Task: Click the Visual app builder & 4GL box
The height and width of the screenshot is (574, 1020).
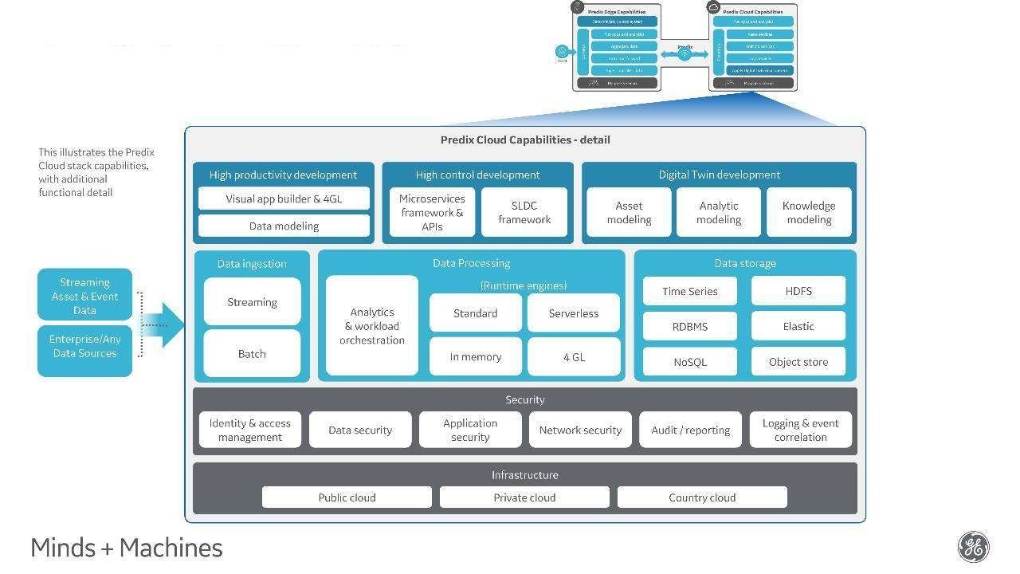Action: click(284, 199)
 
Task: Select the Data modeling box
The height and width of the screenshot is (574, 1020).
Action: click(284, 226)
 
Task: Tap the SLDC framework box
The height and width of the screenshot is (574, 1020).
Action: click(524, 212)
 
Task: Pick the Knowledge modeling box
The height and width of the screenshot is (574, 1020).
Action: click(809, 212)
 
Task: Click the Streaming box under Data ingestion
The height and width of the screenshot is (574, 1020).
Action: click(252, 302)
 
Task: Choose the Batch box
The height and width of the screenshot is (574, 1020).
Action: click(252, 353)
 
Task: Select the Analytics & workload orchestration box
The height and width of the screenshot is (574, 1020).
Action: click(372, 326)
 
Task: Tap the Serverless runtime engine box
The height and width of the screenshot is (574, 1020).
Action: click(574, 313)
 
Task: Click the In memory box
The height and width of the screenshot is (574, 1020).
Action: click(476, 356)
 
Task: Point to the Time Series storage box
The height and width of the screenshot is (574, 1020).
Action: click(690, 291)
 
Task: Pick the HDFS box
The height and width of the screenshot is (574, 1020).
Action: click(798, 291)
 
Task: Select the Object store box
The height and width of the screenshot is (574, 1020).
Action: click(798, 361)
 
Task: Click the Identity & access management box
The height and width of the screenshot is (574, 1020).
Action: click(250, 430)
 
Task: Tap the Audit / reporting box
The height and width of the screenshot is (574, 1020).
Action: click(690, 430)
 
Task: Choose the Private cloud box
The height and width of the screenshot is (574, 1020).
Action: click(524, 497)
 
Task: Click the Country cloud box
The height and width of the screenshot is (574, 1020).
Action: click(702, 497)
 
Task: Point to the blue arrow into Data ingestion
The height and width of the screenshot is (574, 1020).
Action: click(165, 324)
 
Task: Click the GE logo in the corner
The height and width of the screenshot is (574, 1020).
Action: click(973, 548)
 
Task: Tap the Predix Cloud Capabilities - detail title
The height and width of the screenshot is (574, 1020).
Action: click(525, 140)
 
